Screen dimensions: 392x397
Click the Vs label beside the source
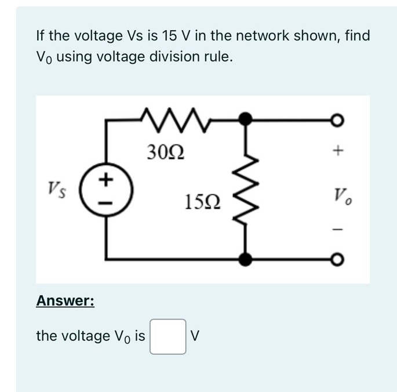[56, 188]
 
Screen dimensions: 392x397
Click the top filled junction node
[246, 119]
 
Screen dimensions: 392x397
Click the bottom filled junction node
[246, 259]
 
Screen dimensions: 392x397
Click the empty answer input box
[168, 336]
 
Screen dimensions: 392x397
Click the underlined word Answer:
[65, 301]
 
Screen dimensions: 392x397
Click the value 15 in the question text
[170, 37]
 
